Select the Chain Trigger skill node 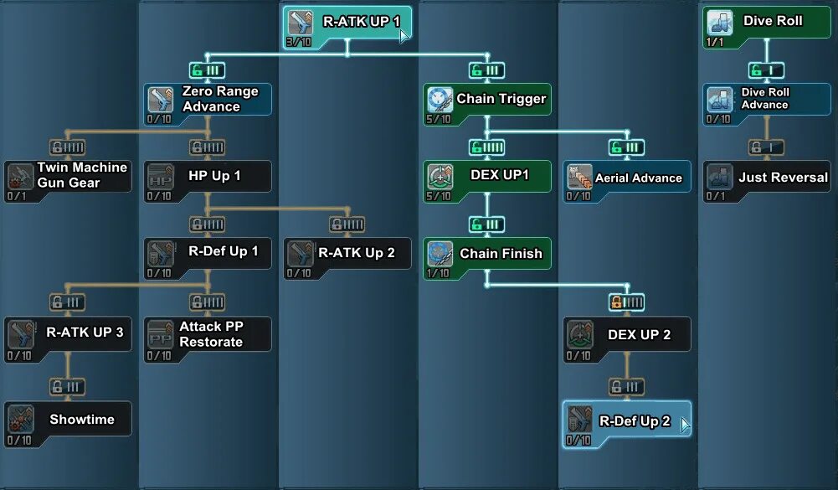[486, 100]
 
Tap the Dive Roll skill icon [719, 22]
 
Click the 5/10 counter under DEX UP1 [438, 196]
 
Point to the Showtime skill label [82, 420]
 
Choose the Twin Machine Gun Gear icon [20, 176]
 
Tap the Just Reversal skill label [783, 178]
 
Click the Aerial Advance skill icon [579, 177]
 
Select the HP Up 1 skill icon [160, 177]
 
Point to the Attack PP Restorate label [211, 334]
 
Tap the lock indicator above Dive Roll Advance [765, 70]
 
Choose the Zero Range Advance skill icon [160, 99]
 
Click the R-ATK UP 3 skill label [85, 333]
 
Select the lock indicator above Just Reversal [765, 147]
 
